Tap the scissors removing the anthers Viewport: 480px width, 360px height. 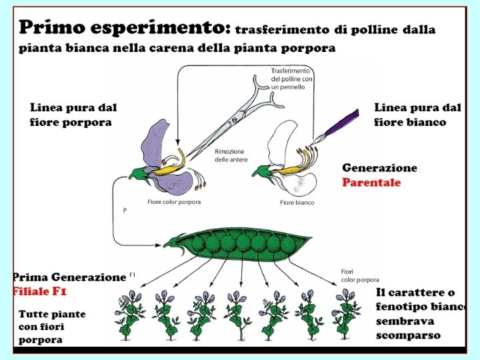[x=233, y=123]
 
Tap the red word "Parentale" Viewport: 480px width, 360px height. [x=371, y=183]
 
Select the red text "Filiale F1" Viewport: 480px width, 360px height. [x=40, y=291]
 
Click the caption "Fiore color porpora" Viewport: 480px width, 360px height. [x=174, y=202]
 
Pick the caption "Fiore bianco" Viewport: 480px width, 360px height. [x=297, y=202]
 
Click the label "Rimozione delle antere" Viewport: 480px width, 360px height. [x=231, y=155]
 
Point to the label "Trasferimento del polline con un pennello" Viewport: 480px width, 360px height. [x=292, y=79]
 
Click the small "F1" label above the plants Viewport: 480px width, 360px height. [x=132, y=275]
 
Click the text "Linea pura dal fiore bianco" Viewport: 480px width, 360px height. [x=417, y=114]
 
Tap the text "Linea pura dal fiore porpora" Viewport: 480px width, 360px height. [x=73, y=114]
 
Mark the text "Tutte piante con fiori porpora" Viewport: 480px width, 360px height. [x=52, y=327]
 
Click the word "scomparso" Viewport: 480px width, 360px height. [x=408, y=335]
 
